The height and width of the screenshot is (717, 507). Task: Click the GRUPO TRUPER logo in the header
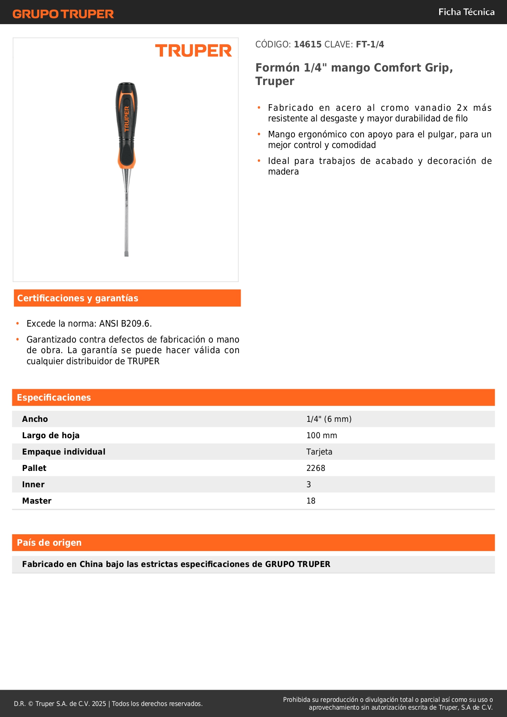(63, 14)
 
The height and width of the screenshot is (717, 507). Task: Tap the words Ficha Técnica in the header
(466, 12)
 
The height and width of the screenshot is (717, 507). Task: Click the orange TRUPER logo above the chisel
(193, 51)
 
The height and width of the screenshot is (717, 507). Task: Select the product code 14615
(308, 44)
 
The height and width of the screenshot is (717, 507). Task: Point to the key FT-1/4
(370, 44)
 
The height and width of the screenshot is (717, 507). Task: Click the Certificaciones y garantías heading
(78, 298)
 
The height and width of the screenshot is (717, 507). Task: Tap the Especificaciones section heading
(54, 397)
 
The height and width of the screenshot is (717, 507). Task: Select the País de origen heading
(49, 542)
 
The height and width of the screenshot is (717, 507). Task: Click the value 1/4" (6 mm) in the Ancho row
(329, 419)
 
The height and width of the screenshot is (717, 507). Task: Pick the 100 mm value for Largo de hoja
(322, 435)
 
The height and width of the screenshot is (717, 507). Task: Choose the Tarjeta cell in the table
(319, 452)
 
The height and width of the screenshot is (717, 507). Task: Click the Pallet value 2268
(316, 468)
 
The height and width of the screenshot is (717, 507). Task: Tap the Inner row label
(33, 484)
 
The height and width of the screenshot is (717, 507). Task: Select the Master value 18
(311, 501)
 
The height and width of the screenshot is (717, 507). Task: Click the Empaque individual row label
(64, 452)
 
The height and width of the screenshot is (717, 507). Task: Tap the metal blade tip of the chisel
(127, 254)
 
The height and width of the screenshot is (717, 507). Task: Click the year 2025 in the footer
(99, 704)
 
